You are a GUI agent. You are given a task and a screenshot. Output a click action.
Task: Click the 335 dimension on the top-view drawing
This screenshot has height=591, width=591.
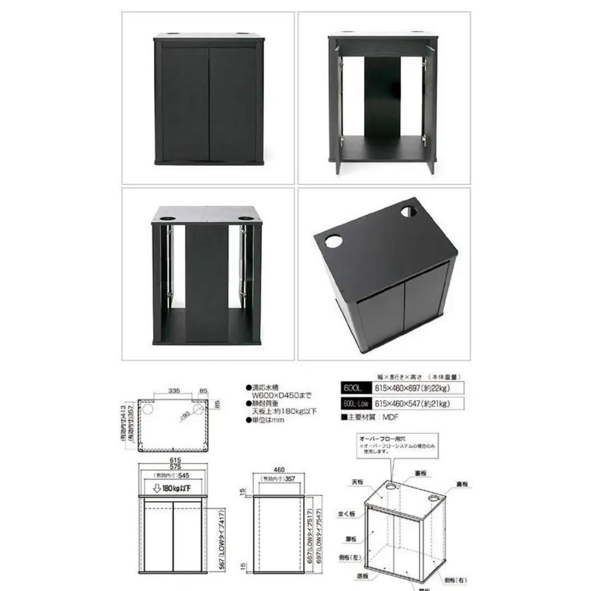173,391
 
